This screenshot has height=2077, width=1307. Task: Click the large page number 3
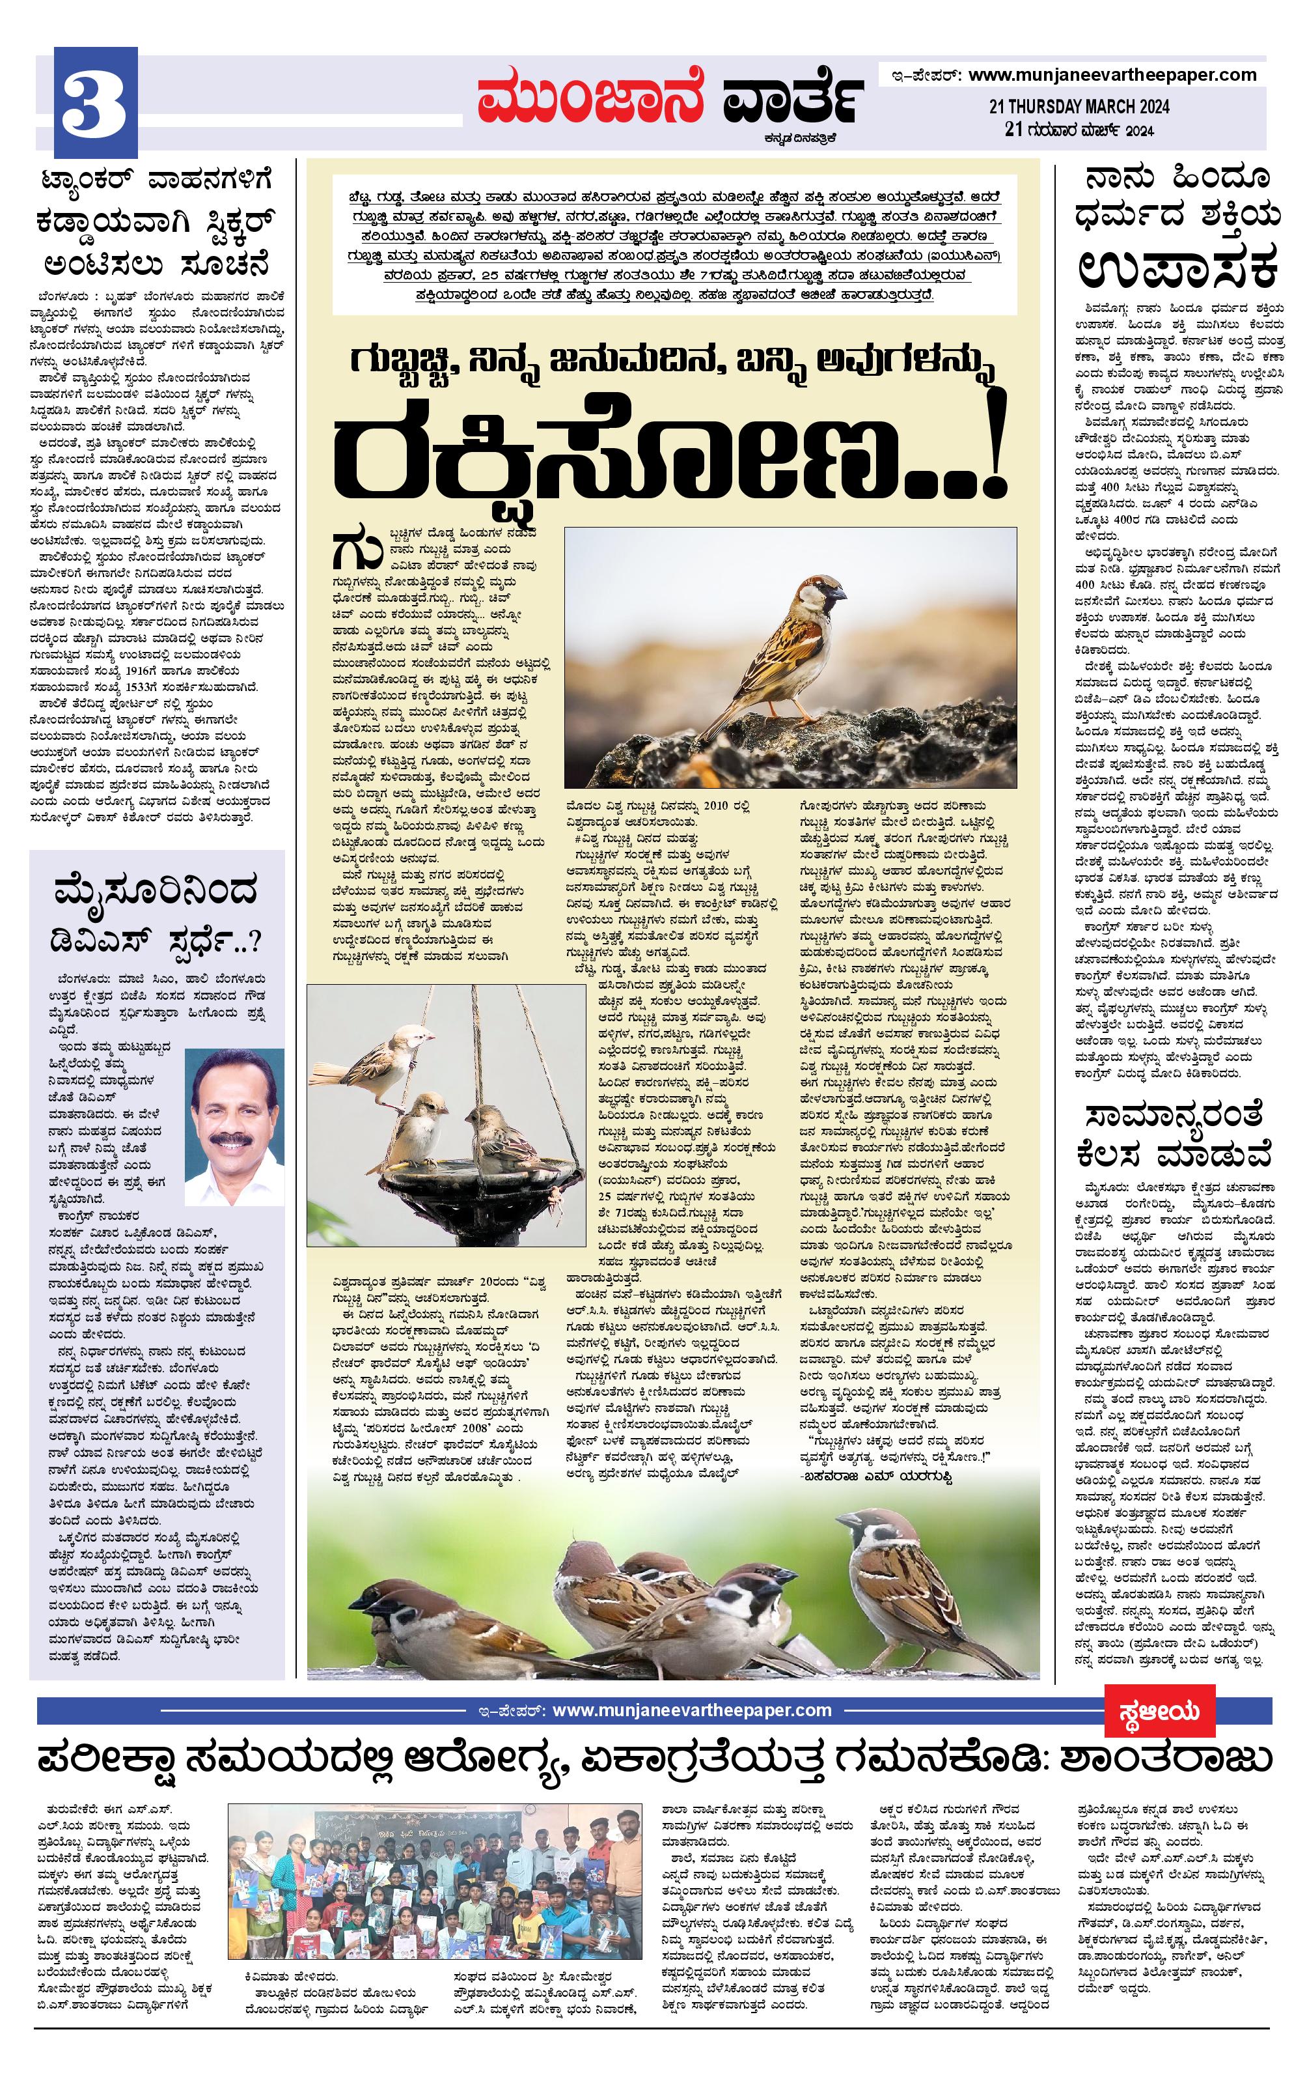(x=95, y=106)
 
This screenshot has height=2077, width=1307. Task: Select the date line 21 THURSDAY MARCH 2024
(x=1079, y=107)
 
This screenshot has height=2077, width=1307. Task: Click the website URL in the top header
(x=1112, y=75)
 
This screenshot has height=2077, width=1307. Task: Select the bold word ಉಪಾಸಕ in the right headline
(x=1177, y=268)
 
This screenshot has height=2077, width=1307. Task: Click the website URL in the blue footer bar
(x=691, y=1710)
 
